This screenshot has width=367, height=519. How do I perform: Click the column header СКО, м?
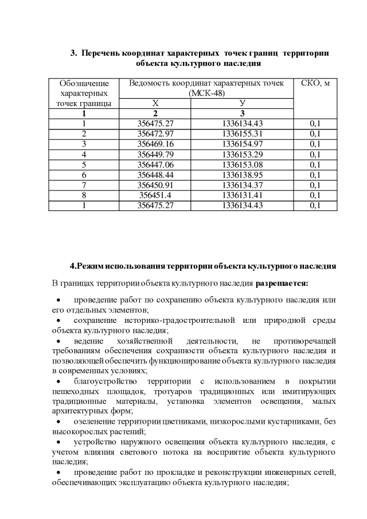coord(315,83)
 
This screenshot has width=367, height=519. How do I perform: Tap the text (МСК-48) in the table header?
coord(206,93)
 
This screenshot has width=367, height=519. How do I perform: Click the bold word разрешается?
coord(282,283)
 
